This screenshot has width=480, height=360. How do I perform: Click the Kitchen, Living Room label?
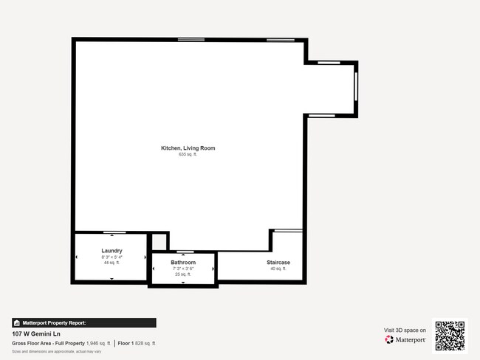point(188,148)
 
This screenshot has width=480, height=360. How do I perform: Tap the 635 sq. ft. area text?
point(188,154)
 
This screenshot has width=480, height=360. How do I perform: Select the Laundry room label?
point(112,251)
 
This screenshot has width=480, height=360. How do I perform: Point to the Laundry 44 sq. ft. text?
point(112,263)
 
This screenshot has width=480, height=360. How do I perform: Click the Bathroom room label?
point(183,263)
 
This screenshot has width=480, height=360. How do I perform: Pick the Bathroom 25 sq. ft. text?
point(183,274)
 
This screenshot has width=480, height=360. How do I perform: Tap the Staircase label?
point(278,263)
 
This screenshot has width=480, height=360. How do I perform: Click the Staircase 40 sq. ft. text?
point(278,269)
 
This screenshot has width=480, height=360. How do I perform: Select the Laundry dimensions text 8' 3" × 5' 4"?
point(112,257)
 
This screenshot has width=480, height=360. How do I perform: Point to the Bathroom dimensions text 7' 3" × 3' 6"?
point(183,269)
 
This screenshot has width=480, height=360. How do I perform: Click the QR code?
point(450,335)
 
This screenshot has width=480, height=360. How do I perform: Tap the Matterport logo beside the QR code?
point(405,339)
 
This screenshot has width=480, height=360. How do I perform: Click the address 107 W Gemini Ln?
point(35,333)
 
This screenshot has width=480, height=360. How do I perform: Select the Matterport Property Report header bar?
point(84,322)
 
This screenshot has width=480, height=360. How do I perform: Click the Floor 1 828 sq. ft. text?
point(137,343)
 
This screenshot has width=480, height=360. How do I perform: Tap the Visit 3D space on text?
point(405,330)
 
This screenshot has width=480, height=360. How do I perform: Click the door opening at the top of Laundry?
point(113,232)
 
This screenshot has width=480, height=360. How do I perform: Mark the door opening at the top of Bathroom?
point(182,252)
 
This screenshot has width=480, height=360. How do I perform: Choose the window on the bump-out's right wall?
point(356,89)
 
